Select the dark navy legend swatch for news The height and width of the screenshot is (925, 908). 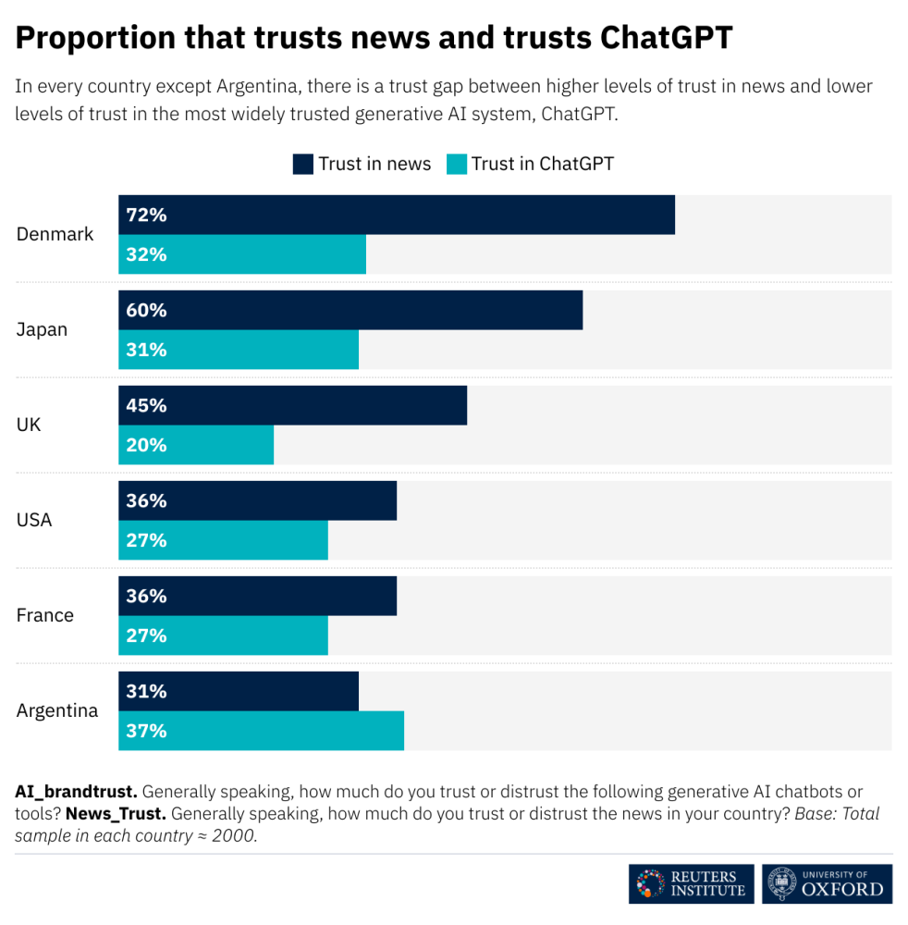303,164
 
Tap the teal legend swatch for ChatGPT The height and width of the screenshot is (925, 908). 457,164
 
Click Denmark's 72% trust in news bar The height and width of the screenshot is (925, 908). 397,215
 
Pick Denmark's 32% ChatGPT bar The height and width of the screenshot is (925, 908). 242,254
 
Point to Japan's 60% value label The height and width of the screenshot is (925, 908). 146,311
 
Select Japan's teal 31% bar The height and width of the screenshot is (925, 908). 239,350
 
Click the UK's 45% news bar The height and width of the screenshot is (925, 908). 292,406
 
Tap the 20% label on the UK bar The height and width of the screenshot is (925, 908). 146,445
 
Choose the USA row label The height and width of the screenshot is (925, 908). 34,520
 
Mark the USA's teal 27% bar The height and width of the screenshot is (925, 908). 223,540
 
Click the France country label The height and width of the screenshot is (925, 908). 44,615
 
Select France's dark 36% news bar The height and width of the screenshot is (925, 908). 257,596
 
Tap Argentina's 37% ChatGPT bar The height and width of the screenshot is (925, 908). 261,731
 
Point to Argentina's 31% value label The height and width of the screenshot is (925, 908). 146,692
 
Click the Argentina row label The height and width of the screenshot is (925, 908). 57,711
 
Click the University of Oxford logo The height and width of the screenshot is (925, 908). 828,883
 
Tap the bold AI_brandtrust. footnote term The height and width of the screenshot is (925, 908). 76,792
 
